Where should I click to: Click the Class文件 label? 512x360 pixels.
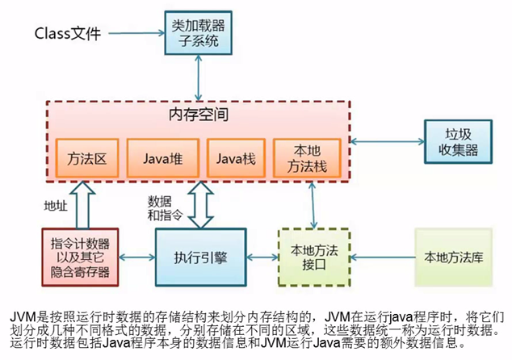coord(69,34)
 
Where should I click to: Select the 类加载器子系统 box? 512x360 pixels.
coord(197,31)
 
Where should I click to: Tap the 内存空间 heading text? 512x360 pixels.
coord(198,115)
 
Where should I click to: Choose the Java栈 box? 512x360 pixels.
coord(235,159)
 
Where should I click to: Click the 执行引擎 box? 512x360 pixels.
coord(198,257)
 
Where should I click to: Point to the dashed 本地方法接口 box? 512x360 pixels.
coord(312,257)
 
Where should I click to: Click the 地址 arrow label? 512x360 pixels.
coord(56,206)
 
